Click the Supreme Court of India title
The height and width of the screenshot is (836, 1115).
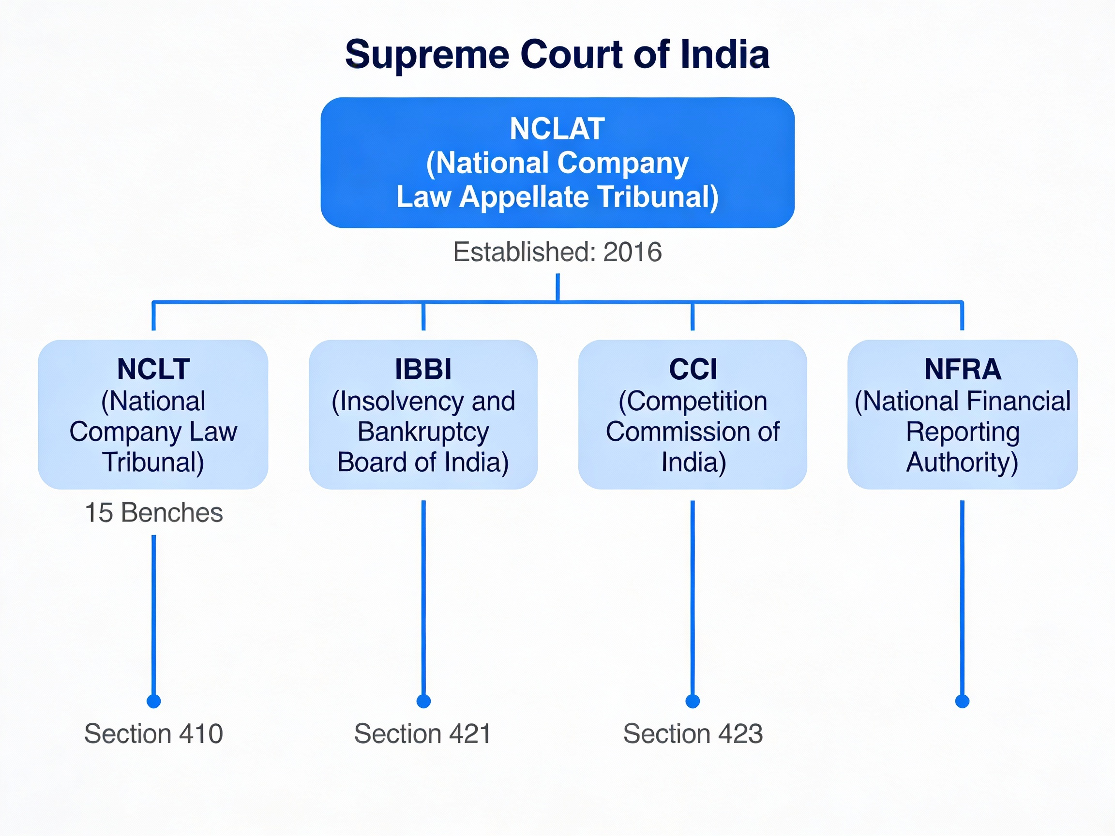pos(557,54)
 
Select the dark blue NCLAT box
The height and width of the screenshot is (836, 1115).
pos(557,162)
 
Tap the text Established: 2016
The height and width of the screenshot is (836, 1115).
pos(557,252)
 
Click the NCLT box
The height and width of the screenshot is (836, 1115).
pos(153,414)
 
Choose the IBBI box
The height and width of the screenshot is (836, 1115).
pos(423,414)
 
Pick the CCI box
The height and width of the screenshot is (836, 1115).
pos(692,414)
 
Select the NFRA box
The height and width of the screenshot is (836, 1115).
pos(962,414)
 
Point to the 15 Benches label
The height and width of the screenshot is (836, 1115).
pos(154,513)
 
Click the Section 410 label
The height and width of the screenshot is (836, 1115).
pos(154,734)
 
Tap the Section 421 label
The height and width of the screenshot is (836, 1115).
pos(422,734)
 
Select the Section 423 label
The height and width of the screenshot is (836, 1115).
pos(693,734)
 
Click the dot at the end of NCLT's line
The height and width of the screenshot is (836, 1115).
pos(154,701)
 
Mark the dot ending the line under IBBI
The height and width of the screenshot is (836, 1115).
pos(423,701)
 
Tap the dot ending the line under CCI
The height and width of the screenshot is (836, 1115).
pos(693,701)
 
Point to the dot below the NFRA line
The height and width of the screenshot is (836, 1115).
pos(962,701)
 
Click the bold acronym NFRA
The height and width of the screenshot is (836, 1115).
pos(962,369)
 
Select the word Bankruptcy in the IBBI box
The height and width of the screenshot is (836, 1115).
pos(423,433)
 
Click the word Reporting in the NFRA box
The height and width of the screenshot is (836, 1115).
pos(962,433)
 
